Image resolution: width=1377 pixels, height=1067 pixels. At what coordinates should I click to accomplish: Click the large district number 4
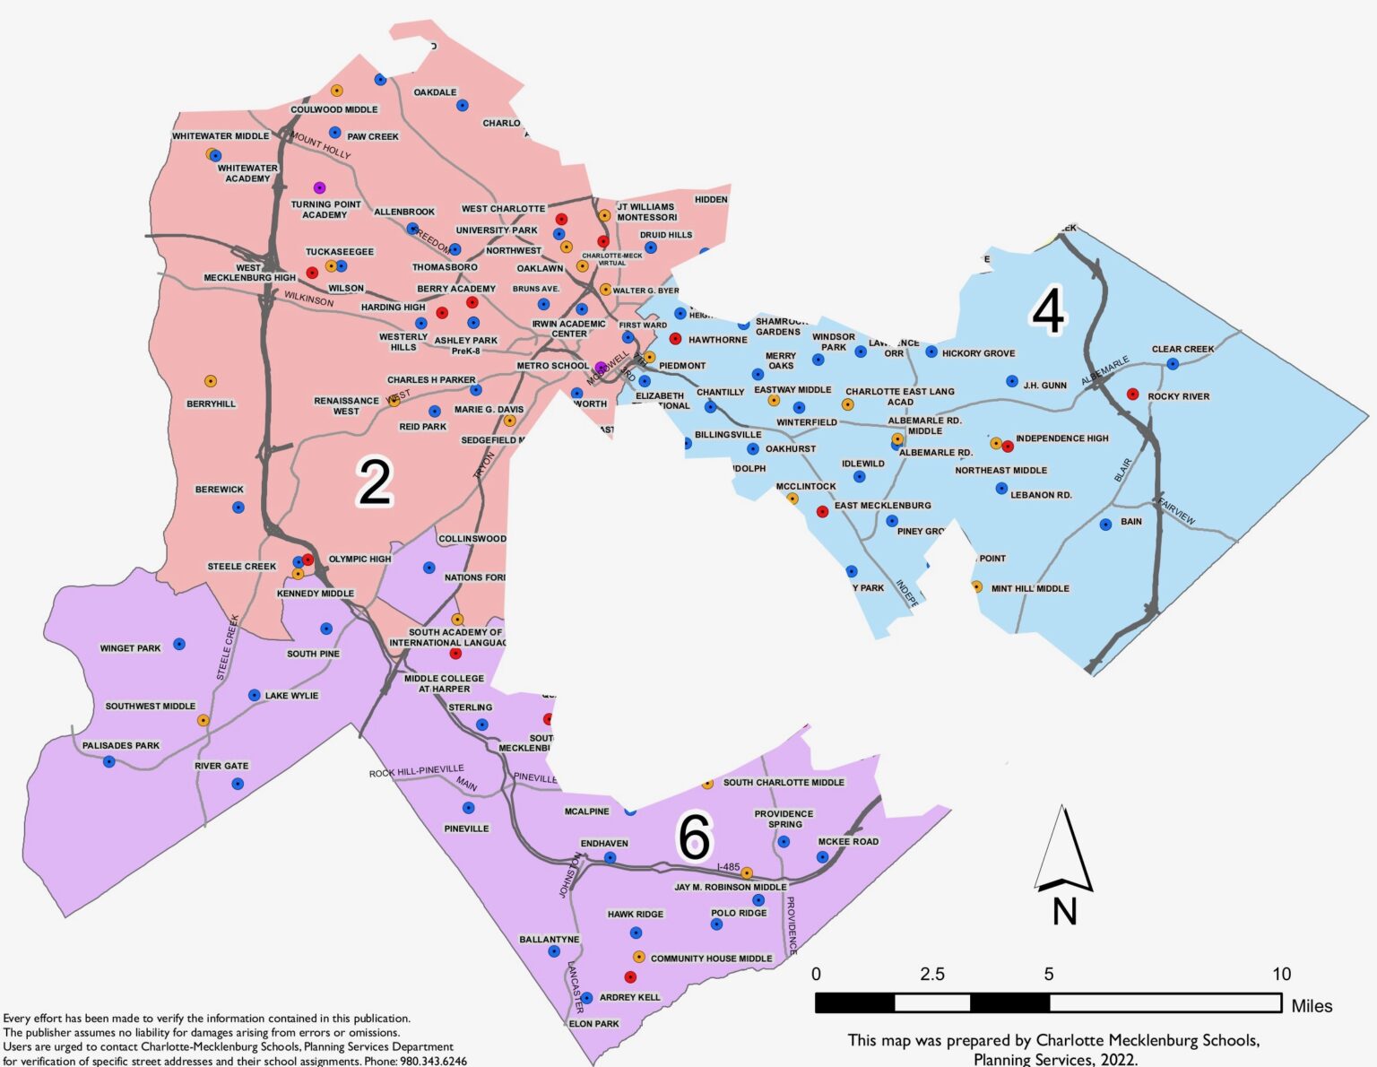click(1048, 310)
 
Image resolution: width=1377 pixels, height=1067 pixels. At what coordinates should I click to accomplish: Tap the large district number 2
click(375, 481)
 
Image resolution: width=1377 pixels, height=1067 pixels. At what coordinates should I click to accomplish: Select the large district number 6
click(694, 837)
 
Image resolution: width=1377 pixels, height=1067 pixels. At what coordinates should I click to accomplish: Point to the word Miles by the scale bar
click(1312, 1006)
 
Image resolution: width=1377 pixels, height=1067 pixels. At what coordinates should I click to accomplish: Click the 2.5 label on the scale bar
click(932, 975)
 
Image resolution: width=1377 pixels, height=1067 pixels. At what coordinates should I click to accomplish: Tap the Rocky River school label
click(1178, 396)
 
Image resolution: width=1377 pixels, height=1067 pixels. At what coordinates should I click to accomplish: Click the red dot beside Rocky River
click(1132, 394)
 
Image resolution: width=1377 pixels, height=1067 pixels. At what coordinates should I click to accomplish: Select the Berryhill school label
click(211, 404)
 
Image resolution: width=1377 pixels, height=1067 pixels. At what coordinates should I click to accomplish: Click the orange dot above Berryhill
click(211, 381)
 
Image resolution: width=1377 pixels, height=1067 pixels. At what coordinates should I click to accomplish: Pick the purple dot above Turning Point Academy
click(319, 187)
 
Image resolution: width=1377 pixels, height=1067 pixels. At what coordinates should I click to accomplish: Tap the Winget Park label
click(130, 648)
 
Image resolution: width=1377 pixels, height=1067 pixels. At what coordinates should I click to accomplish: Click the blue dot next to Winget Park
click(179, 644)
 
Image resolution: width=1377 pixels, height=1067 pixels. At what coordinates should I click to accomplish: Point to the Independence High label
click(1061, 438)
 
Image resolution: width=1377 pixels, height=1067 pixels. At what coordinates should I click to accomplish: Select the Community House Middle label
click(711, 959)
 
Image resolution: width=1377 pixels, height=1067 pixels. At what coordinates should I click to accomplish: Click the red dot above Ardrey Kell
click(630, 977)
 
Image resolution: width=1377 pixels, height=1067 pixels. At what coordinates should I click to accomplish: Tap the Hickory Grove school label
click(978, 353)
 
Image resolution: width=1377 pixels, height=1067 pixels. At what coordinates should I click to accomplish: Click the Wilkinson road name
click(309, 299)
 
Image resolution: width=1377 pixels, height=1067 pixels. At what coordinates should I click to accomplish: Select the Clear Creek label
click(1182, 349)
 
